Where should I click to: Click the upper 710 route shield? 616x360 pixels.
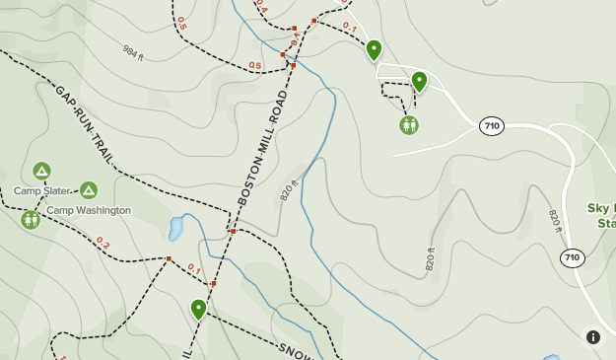[491, 126]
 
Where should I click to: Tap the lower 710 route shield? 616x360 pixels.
[572, 257]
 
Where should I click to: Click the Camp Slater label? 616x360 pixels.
[41, 190]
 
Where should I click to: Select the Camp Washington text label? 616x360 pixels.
[89, 210]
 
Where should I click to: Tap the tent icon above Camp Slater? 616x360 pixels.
[41, 171]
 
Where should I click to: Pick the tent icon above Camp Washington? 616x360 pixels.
[89, 190]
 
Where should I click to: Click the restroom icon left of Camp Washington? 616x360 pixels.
[30, 219]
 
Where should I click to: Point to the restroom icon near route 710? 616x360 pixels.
[409, 125]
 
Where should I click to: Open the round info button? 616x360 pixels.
[593, 337]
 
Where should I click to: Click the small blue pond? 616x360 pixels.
[176, 229]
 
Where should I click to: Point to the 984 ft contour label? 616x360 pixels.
[133, 51]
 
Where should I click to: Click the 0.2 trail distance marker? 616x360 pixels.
[103, 243]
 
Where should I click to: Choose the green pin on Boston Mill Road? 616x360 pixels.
[199, 309]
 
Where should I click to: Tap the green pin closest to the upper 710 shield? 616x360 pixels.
[419, 81]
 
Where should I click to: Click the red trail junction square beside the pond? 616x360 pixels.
[233, 232]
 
